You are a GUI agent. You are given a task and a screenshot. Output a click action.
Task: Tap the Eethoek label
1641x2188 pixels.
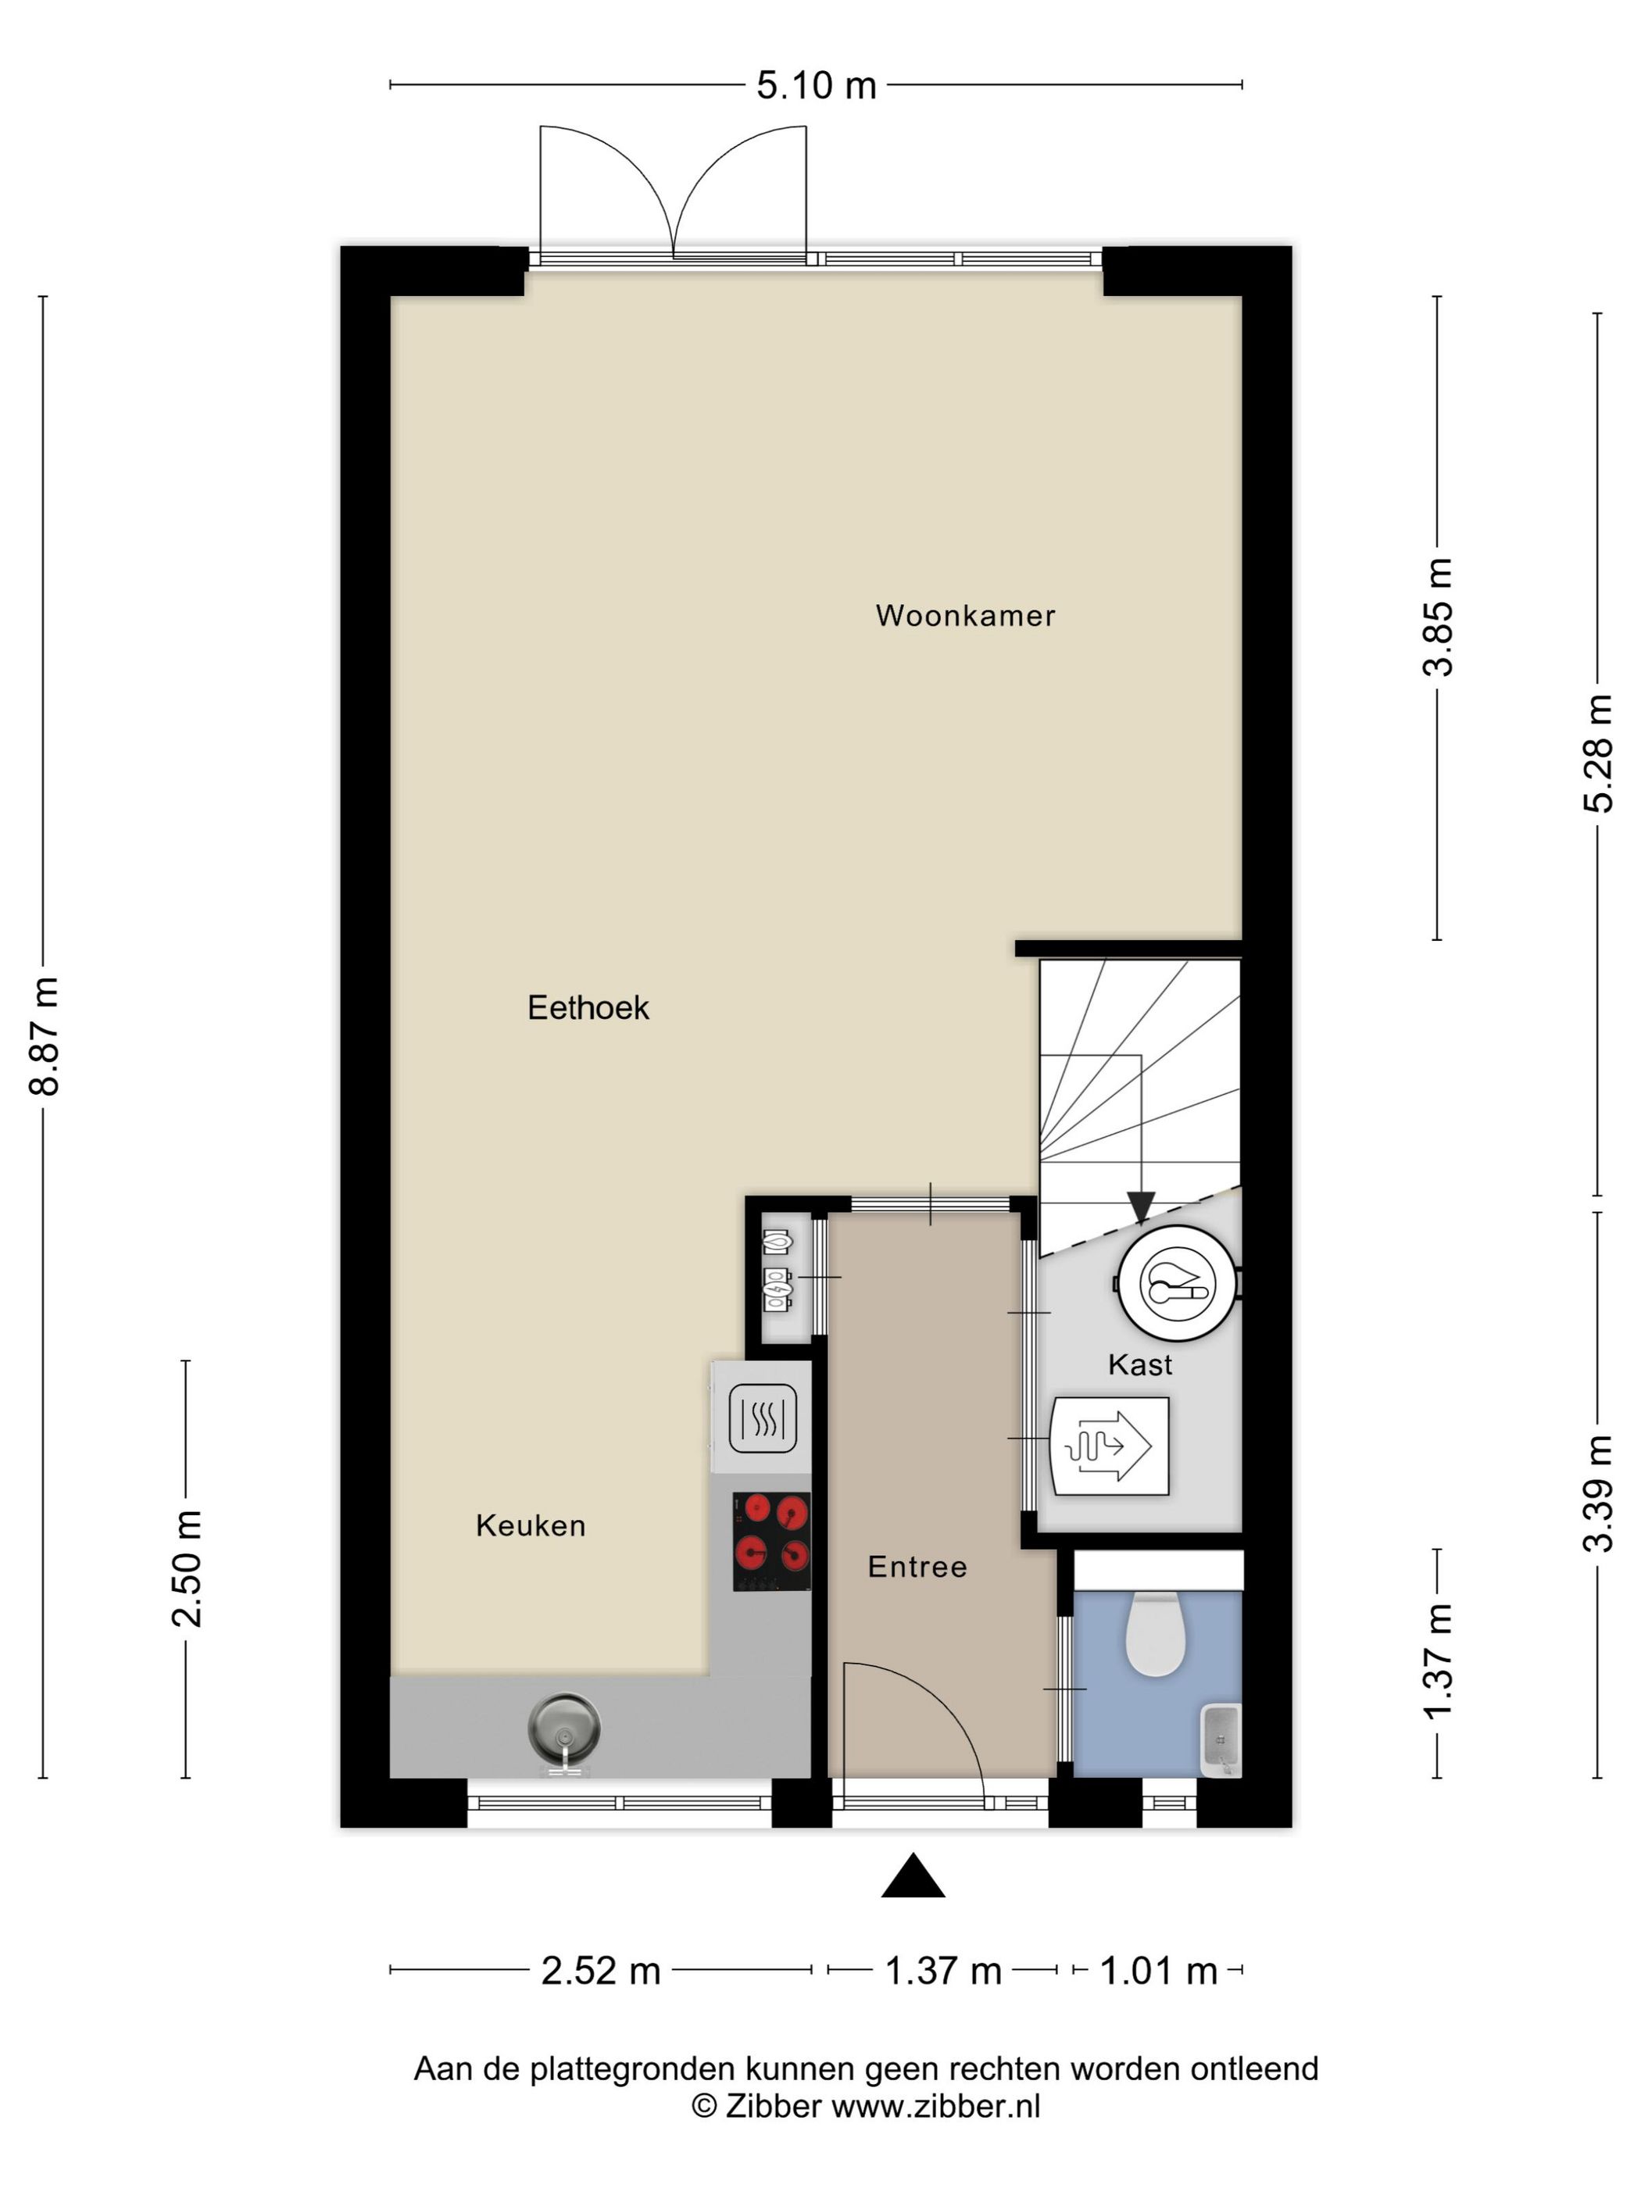point(588,1008)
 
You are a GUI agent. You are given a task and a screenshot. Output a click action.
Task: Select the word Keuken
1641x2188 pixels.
point(530,1525)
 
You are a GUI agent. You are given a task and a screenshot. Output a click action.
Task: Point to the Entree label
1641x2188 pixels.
point(917,1566)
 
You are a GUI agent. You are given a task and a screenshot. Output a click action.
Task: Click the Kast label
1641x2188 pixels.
point(1139,1365)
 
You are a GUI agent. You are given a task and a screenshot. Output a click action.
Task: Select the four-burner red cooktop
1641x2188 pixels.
point(770,1541)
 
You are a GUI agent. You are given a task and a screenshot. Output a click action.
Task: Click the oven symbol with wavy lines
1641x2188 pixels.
point(762,1418)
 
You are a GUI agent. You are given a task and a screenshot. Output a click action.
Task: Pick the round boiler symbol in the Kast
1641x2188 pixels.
point(1177,1283)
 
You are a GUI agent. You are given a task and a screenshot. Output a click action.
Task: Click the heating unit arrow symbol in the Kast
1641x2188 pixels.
point(1109,1446)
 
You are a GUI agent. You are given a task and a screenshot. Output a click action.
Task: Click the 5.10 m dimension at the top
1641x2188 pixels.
point(816,86)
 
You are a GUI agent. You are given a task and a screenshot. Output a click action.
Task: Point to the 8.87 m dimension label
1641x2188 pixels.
point(45,1035)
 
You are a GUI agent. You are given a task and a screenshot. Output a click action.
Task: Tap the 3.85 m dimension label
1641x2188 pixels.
point(1437,617)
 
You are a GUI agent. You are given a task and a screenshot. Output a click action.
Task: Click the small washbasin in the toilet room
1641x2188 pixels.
point(1221,1739)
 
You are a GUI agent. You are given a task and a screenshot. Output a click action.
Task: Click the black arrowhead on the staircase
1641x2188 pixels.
point(1140,1207)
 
